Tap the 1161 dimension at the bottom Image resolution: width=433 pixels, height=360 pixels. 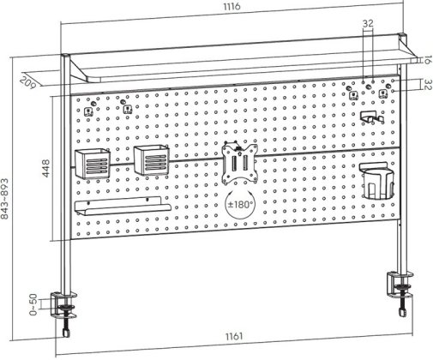(x=234, y=336)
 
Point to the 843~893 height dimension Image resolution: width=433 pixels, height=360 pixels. (x=5, y=199)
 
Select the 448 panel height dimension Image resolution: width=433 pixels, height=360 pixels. (x=45, y=168)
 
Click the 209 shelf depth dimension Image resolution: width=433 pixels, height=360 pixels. (x=27, y=82)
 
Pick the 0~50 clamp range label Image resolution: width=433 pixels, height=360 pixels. (x=33, y=304)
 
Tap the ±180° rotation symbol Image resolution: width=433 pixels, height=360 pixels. (x=240, y=204)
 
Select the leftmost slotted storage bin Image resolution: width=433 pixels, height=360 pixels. (x=93, y=164)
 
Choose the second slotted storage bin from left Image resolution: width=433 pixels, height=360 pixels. (x=152, y=160)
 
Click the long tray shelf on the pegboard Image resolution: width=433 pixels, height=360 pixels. (x=123, y=206)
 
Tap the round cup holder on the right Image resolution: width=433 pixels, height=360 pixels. (x=376, y=181)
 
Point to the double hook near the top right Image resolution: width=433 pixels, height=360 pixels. (x=371, y=117)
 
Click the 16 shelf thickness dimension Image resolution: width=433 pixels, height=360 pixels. (x=426, y=60)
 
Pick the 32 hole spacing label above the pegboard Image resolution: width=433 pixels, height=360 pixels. (x=368, y=23)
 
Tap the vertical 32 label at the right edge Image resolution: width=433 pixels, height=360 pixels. (x=427, y=85)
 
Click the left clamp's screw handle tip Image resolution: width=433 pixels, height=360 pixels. (x=66, y=334)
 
